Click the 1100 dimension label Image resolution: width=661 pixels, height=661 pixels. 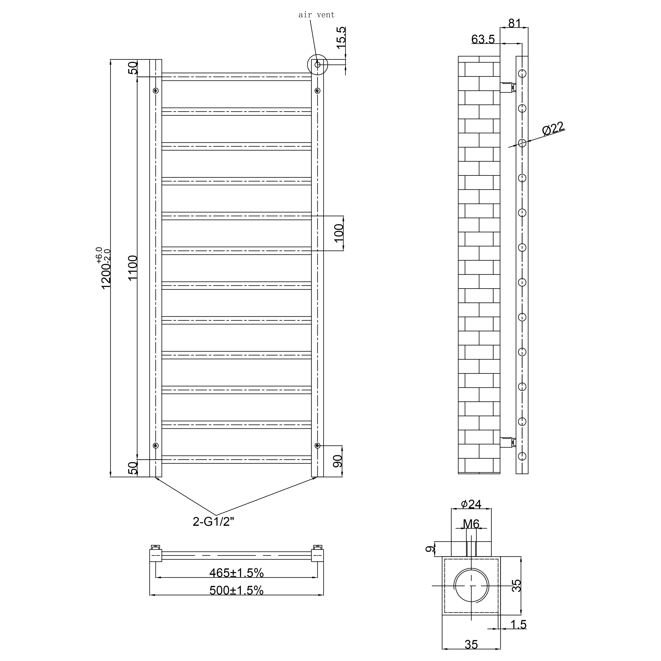click(133, 268)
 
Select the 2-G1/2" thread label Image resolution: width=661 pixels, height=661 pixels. click(213, 522)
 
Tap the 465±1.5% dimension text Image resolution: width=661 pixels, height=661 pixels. click(236, 572)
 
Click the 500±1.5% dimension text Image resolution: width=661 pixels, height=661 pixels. click(236, 590)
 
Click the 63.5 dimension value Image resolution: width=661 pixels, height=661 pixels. click(483, 39)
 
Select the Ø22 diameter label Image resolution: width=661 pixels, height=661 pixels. click(553, 129)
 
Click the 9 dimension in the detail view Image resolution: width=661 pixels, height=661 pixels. click(430, 549)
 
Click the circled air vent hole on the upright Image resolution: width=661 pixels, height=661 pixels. click(317, 64)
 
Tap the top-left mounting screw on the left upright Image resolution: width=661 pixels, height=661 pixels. click(156, 91)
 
